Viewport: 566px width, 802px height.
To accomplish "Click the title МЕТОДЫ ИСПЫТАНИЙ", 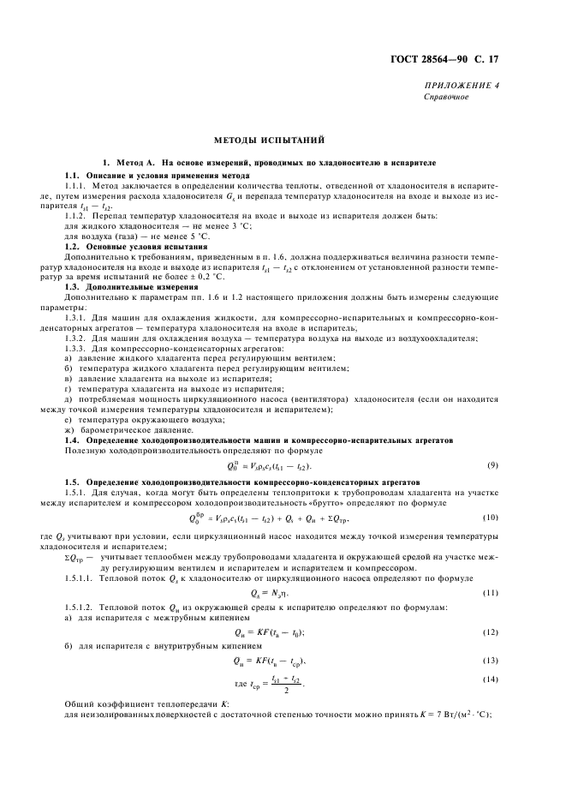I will pyautogui.click(x=269, y=141).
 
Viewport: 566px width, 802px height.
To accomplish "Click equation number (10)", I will pyautogui.click(x=492, y=518).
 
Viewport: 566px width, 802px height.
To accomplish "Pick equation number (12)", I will pyautogui.click(x=492, y=631).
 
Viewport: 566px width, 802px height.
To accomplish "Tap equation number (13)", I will pyautogui.click(x=492, y=661).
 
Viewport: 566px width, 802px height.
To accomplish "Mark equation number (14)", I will pyautogui.click(x=492, y=679).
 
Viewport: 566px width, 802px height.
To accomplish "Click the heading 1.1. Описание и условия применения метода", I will pyautogui.click(x=146, y=175).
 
